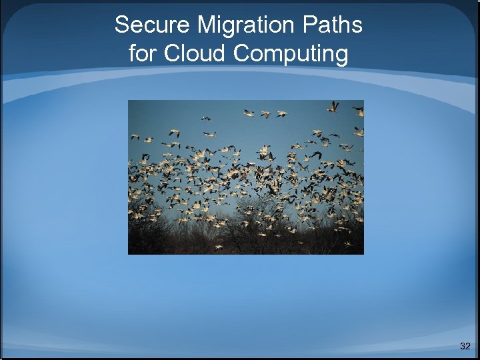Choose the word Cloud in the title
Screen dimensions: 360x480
tap(195, 53)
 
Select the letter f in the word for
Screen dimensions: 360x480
tap(132, 53)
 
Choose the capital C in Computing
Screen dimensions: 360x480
tap(243, 53)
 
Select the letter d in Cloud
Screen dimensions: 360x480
tap(221, 53)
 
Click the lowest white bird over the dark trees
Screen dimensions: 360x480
tap(218, 247)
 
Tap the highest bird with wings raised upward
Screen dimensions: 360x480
tap(333, 106)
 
